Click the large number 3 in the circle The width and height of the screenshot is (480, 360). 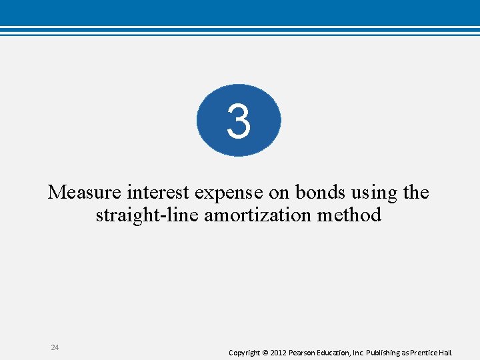[x=238, y=121]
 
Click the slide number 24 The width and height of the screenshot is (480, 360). [x=55, y=347]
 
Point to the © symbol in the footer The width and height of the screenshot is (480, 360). [x=266, y=352]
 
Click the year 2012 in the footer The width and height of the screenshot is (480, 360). [x=279, y=352]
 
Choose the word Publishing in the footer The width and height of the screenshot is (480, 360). [x=385, y=352]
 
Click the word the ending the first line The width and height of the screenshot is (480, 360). [x=416, y=193]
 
